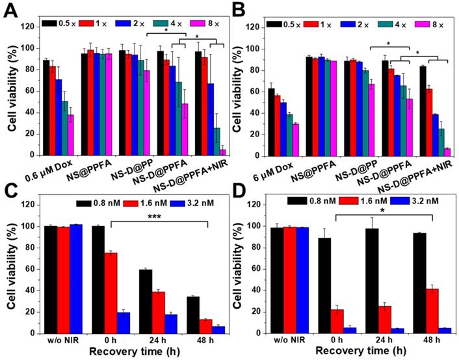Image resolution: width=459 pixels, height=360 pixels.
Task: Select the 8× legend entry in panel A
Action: (x=200, y=23)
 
